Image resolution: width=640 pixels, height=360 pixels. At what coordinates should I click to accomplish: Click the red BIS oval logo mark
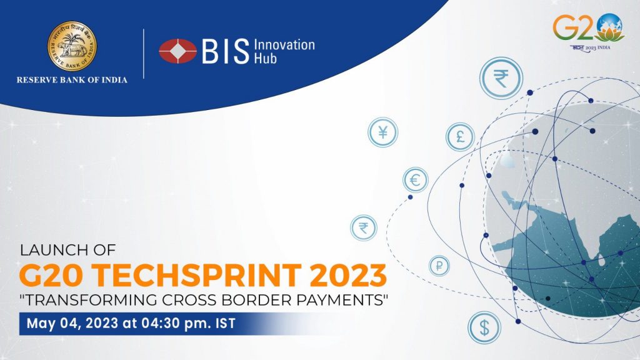[177, 51]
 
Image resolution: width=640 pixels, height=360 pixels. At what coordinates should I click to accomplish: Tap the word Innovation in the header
[284, 45]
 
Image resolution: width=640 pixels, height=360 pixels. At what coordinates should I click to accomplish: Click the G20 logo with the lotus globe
[588, 31]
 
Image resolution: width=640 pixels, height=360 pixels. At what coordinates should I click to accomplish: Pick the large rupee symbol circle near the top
[501, 77]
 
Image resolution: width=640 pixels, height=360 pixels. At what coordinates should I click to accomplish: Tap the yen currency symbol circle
[382, 132]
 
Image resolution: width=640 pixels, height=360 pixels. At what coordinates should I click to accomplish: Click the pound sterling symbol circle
[460, 137]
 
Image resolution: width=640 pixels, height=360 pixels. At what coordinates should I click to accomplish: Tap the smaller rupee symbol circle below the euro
[363, 227]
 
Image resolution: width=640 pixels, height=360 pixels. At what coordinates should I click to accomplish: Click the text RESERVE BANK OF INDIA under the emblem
[71, 79]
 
